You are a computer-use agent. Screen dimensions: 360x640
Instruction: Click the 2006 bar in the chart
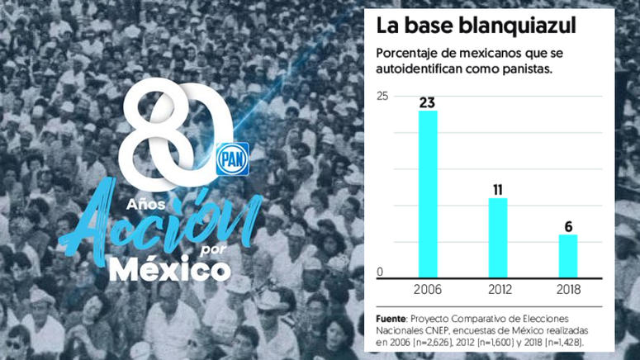(428, 193)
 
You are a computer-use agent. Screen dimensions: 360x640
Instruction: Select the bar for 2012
(498, 237)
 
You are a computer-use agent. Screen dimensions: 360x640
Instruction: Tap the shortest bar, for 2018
(568, 255)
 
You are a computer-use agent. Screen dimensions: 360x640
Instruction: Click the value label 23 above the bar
(428, 102)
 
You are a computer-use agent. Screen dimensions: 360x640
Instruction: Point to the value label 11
(498, 189)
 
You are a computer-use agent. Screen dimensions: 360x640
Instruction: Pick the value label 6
(568, 226)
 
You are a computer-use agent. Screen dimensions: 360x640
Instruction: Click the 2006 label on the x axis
(428, 289)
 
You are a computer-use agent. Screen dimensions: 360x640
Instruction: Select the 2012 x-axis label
(498, 289)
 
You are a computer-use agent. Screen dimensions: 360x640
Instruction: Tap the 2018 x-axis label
(568, 289)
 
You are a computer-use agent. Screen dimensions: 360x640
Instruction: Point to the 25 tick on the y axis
(382, 97)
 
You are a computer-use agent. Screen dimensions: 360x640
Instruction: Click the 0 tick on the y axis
(380, 272)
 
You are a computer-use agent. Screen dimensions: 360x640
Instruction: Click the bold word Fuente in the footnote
(391, 318)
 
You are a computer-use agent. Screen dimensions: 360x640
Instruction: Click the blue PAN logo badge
(232, 159)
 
